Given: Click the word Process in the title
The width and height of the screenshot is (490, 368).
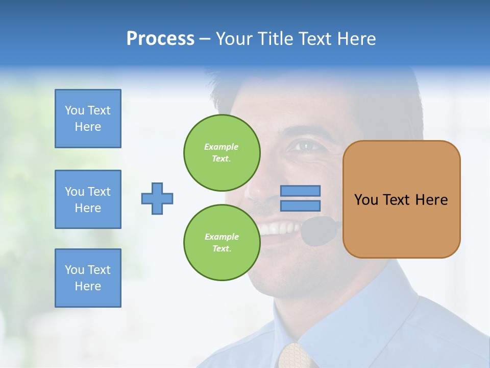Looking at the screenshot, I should [160, 39].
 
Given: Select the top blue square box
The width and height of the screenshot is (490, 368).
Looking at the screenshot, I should [88, 119].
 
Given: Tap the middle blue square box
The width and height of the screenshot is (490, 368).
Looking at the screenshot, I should [88, 199].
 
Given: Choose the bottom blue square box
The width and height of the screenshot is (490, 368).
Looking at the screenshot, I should [88, 278].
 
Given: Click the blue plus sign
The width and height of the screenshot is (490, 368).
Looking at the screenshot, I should [157, 198].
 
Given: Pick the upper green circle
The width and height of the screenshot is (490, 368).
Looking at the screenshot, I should [222, 153].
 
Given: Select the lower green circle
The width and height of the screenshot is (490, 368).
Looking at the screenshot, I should [222, 243].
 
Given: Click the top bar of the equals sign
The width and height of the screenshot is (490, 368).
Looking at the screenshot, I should [301, 191].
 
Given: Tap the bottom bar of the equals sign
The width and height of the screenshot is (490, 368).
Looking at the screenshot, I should [301, 205].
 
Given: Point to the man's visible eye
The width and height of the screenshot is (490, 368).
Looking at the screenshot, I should [305, 146].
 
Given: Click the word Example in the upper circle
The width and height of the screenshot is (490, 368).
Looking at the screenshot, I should [222, 147].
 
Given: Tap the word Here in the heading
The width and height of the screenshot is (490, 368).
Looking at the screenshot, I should [356, 39].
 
